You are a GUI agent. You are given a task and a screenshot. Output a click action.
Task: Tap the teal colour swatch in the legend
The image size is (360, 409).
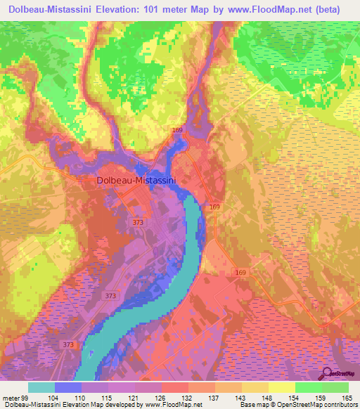(x=41, y=388)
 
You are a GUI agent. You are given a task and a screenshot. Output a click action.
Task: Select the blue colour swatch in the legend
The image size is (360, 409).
(x=68, y=388)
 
